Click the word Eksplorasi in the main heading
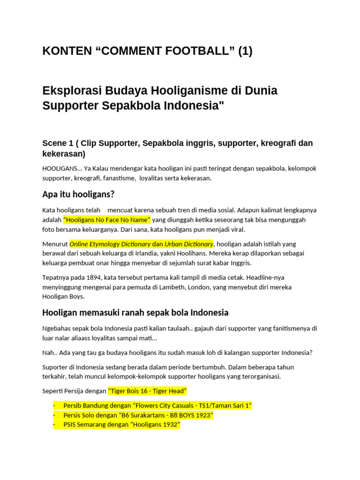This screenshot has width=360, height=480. point(71,90)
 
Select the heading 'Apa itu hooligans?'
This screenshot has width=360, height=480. point(78,194)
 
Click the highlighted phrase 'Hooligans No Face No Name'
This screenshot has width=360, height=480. point(107,220)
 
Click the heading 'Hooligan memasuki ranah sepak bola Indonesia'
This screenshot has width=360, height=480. point(135,313)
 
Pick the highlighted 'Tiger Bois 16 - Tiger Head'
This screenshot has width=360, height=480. point(148,390)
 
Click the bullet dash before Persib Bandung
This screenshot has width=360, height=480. point(54,405)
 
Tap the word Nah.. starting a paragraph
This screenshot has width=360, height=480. point(50,352)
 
